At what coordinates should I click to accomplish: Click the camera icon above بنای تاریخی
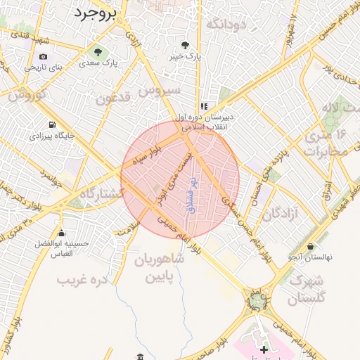[44, 56]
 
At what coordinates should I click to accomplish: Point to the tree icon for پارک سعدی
[98, 52]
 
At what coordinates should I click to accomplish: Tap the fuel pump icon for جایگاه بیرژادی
[52, 127]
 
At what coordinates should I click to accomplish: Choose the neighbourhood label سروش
[160, 91]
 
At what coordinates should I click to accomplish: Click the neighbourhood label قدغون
[115, 99]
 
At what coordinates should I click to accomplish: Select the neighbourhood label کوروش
[28, 94]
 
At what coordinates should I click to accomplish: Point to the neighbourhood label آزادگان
[282, 213]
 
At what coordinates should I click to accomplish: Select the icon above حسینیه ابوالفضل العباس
[62, 233]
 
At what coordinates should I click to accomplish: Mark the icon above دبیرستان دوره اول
[204, 106]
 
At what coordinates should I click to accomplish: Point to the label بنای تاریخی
[44, 67]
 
